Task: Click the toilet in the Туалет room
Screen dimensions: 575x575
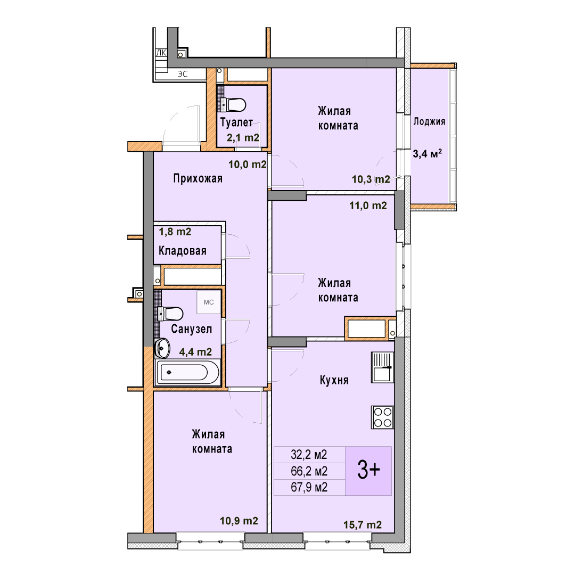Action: [234, 104]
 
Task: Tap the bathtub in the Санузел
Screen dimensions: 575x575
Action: [188, 372]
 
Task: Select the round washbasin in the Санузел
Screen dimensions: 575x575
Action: [162, 348]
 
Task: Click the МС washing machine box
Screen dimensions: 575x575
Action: [209, 302]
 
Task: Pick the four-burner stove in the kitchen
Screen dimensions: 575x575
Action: [382, 417]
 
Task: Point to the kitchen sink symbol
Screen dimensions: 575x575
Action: [382, 367]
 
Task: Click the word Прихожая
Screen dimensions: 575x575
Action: [198, 178]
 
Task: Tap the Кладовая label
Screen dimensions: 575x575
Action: [183, 251]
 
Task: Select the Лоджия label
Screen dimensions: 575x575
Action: [430, 122]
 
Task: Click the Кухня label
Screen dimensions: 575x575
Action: [334, 380]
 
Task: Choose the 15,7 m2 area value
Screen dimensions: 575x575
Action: [363, 525]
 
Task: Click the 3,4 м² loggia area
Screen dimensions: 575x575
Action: [428, 153]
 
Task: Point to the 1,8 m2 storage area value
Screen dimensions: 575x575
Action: [175, 232]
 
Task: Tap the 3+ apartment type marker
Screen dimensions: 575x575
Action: [368, 471]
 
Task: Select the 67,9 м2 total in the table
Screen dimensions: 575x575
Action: [309, 487]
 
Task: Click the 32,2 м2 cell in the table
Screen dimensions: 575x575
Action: [309, 455]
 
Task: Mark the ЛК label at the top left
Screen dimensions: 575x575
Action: [161, 53]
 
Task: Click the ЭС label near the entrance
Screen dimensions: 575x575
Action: [183, 74]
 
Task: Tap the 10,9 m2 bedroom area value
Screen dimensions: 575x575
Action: [239, 521]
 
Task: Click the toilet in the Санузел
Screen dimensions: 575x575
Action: [170, 314]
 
